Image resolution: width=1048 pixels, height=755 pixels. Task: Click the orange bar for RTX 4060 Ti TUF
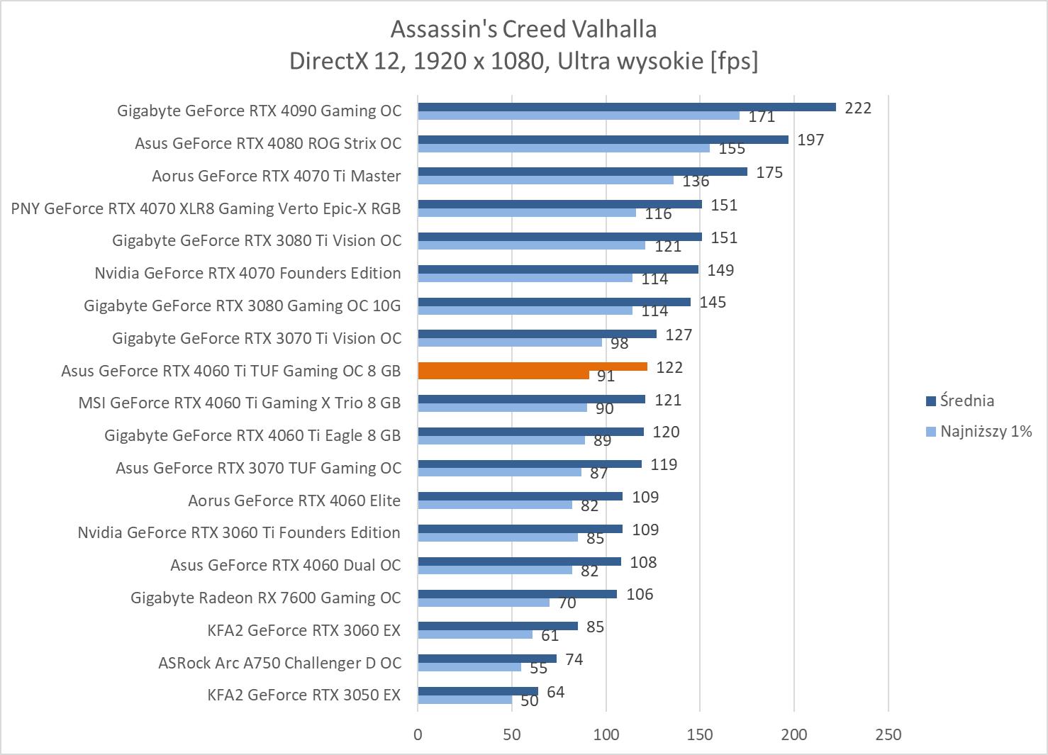click(532, 367)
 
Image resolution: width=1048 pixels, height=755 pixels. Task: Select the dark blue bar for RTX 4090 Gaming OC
click(626, 107)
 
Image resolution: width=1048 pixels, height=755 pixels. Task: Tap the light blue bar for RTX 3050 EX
click(464, 700)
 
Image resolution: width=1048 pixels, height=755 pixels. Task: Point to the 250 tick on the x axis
click(888, 734)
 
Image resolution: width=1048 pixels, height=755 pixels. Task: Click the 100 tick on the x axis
click(606, 734)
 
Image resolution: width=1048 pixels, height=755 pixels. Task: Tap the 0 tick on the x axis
click(418, 734)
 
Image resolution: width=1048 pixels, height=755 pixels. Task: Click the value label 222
click(857, 108)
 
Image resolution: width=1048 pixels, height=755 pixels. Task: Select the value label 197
click(810, 140)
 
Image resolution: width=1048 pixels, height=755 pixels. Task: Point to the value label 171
click(762, 117)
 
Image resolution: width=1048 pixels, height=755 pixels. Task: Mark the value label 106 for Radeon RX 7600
click(640, 594)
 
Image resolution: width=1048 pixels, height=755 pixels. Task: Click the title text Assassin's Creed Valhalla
click(523, 29)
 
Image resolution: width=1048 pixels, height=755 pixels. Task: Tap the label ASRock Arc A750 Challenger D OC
click(279, 663)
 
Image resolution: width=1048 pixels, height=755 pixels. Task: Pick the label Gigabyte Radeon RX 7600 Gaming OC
click(265, 598)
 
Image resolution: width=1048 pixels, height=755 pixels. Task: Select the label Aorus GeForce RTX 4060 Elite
click(294, 500)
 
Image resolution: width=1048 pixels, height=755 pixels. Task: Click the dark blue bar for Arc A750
click(486, 659)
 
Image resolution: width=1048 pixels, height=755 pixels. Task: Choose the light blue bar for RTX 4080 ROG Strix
click(563, 148)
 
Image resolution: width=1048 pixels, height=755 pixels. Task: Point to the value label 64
click(556, 692)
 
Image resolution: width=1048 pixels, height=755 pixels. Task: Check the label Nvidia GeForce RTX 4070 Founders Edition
click(247, 273)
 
